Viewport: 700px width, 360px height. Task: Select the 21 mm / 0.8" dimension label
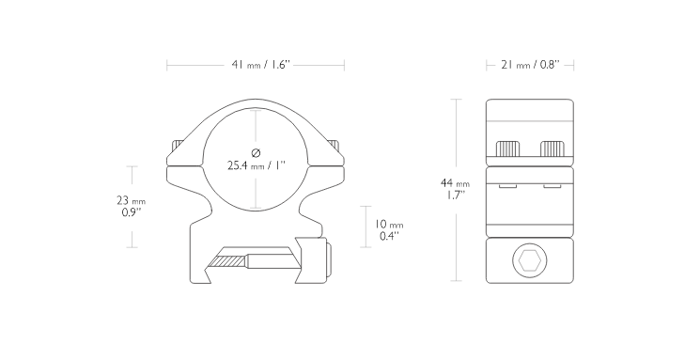(529, 65)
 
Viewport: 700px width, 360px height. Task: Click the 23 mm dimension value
(131, 200)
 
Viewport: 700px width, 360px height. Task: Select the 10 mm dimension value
(388, 225)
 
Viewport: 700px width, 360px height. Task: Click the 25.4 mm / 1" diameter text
(256, 165)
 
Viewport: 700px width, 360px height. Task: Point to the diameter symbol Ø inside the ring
(256, 152)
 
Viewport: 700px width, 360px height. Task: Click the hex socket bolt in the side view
(528, 260)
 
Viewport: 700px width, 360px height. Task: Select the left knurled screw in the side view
(508, 149)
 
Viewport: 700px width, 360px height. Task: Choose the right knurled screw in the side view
(551, 149)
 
